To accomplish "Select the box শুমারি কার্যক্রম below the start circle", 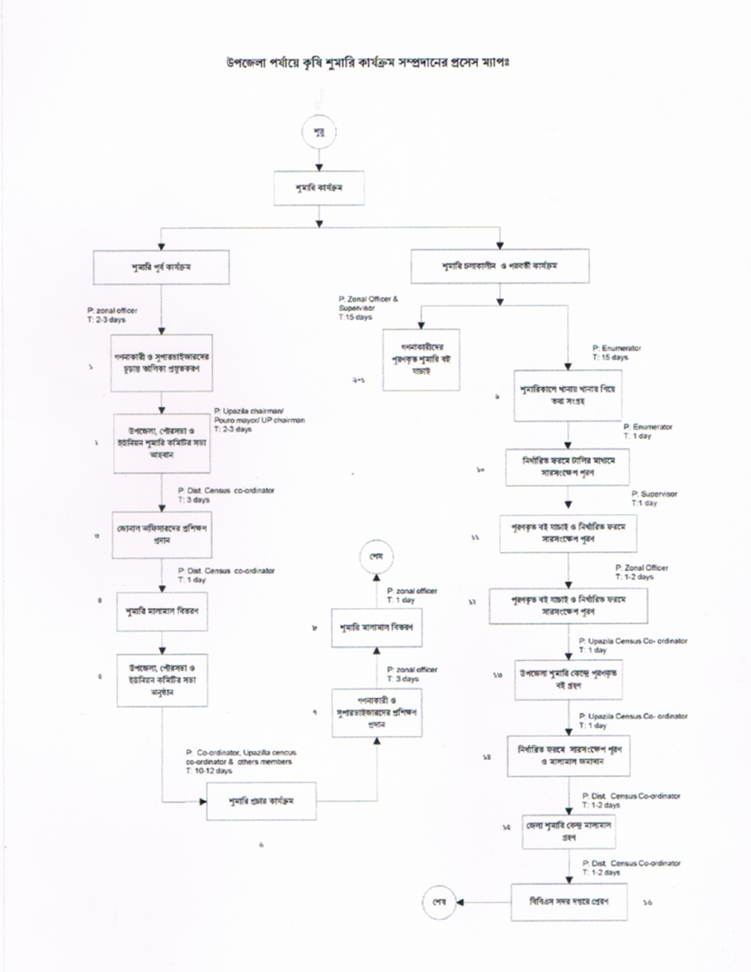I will (x=319, y=189).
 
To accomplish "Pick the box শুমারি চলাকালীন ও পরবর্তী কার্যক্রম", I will (x=500, y=266).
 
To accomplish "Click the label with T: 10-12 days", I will (x=239, y=761).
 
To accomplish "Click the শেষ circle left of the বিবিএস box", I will (x=437, y=903).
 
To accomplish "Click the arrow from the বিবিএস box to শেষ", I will (x=482, y=903).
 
